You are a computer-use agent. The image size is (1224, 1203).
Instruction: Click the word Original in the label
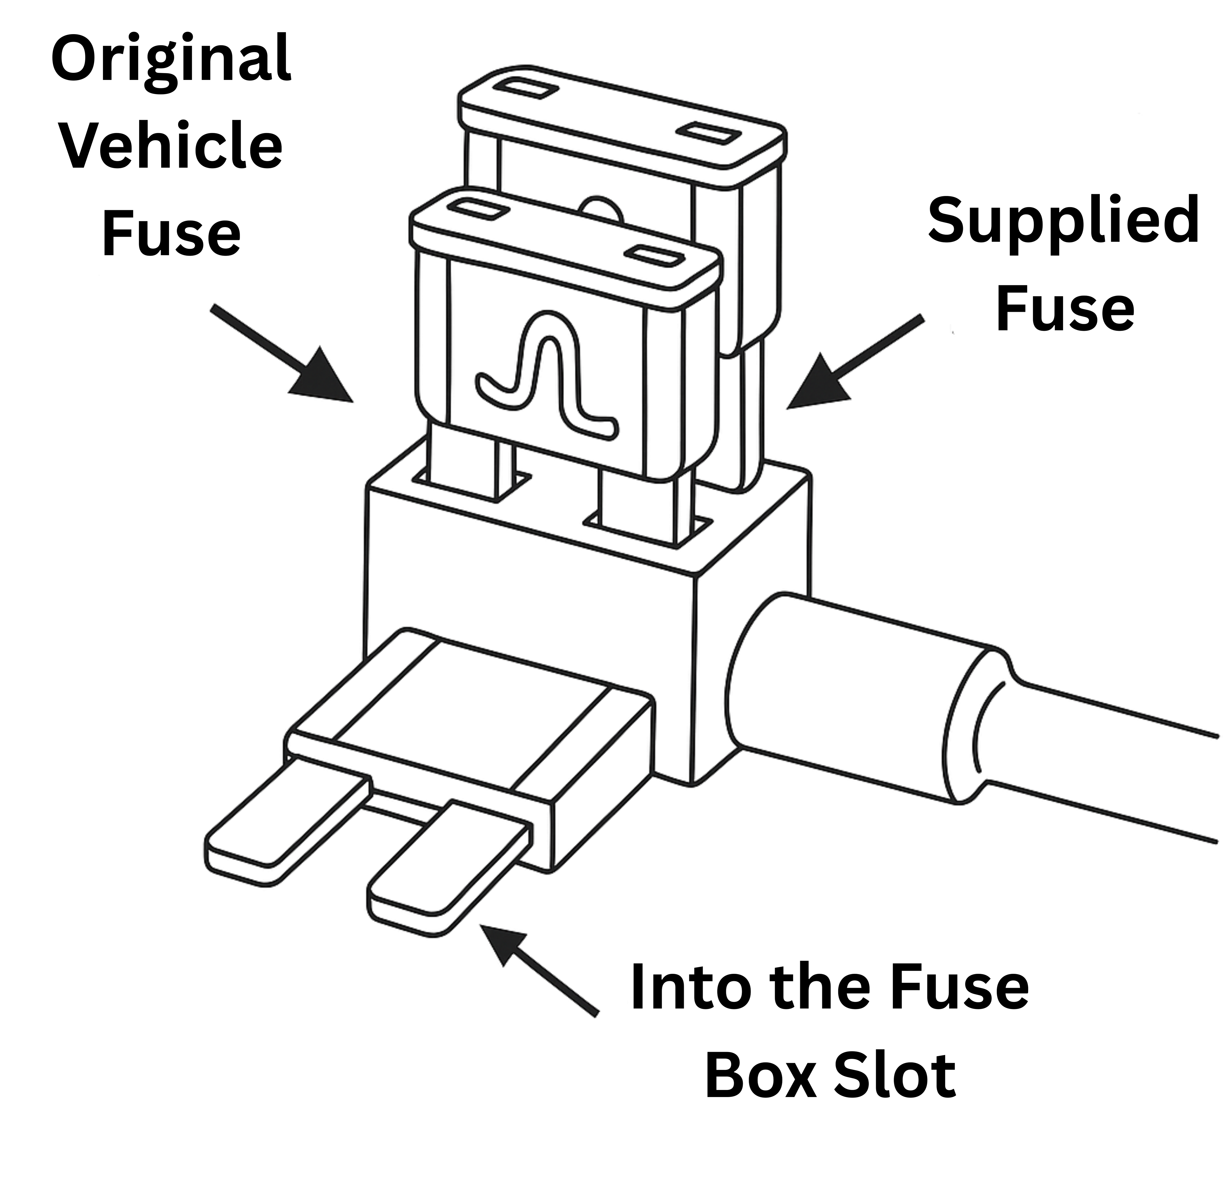coord(171,60)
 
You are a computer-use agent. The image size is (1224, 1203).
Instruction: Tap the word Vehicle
coord(171,147)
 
